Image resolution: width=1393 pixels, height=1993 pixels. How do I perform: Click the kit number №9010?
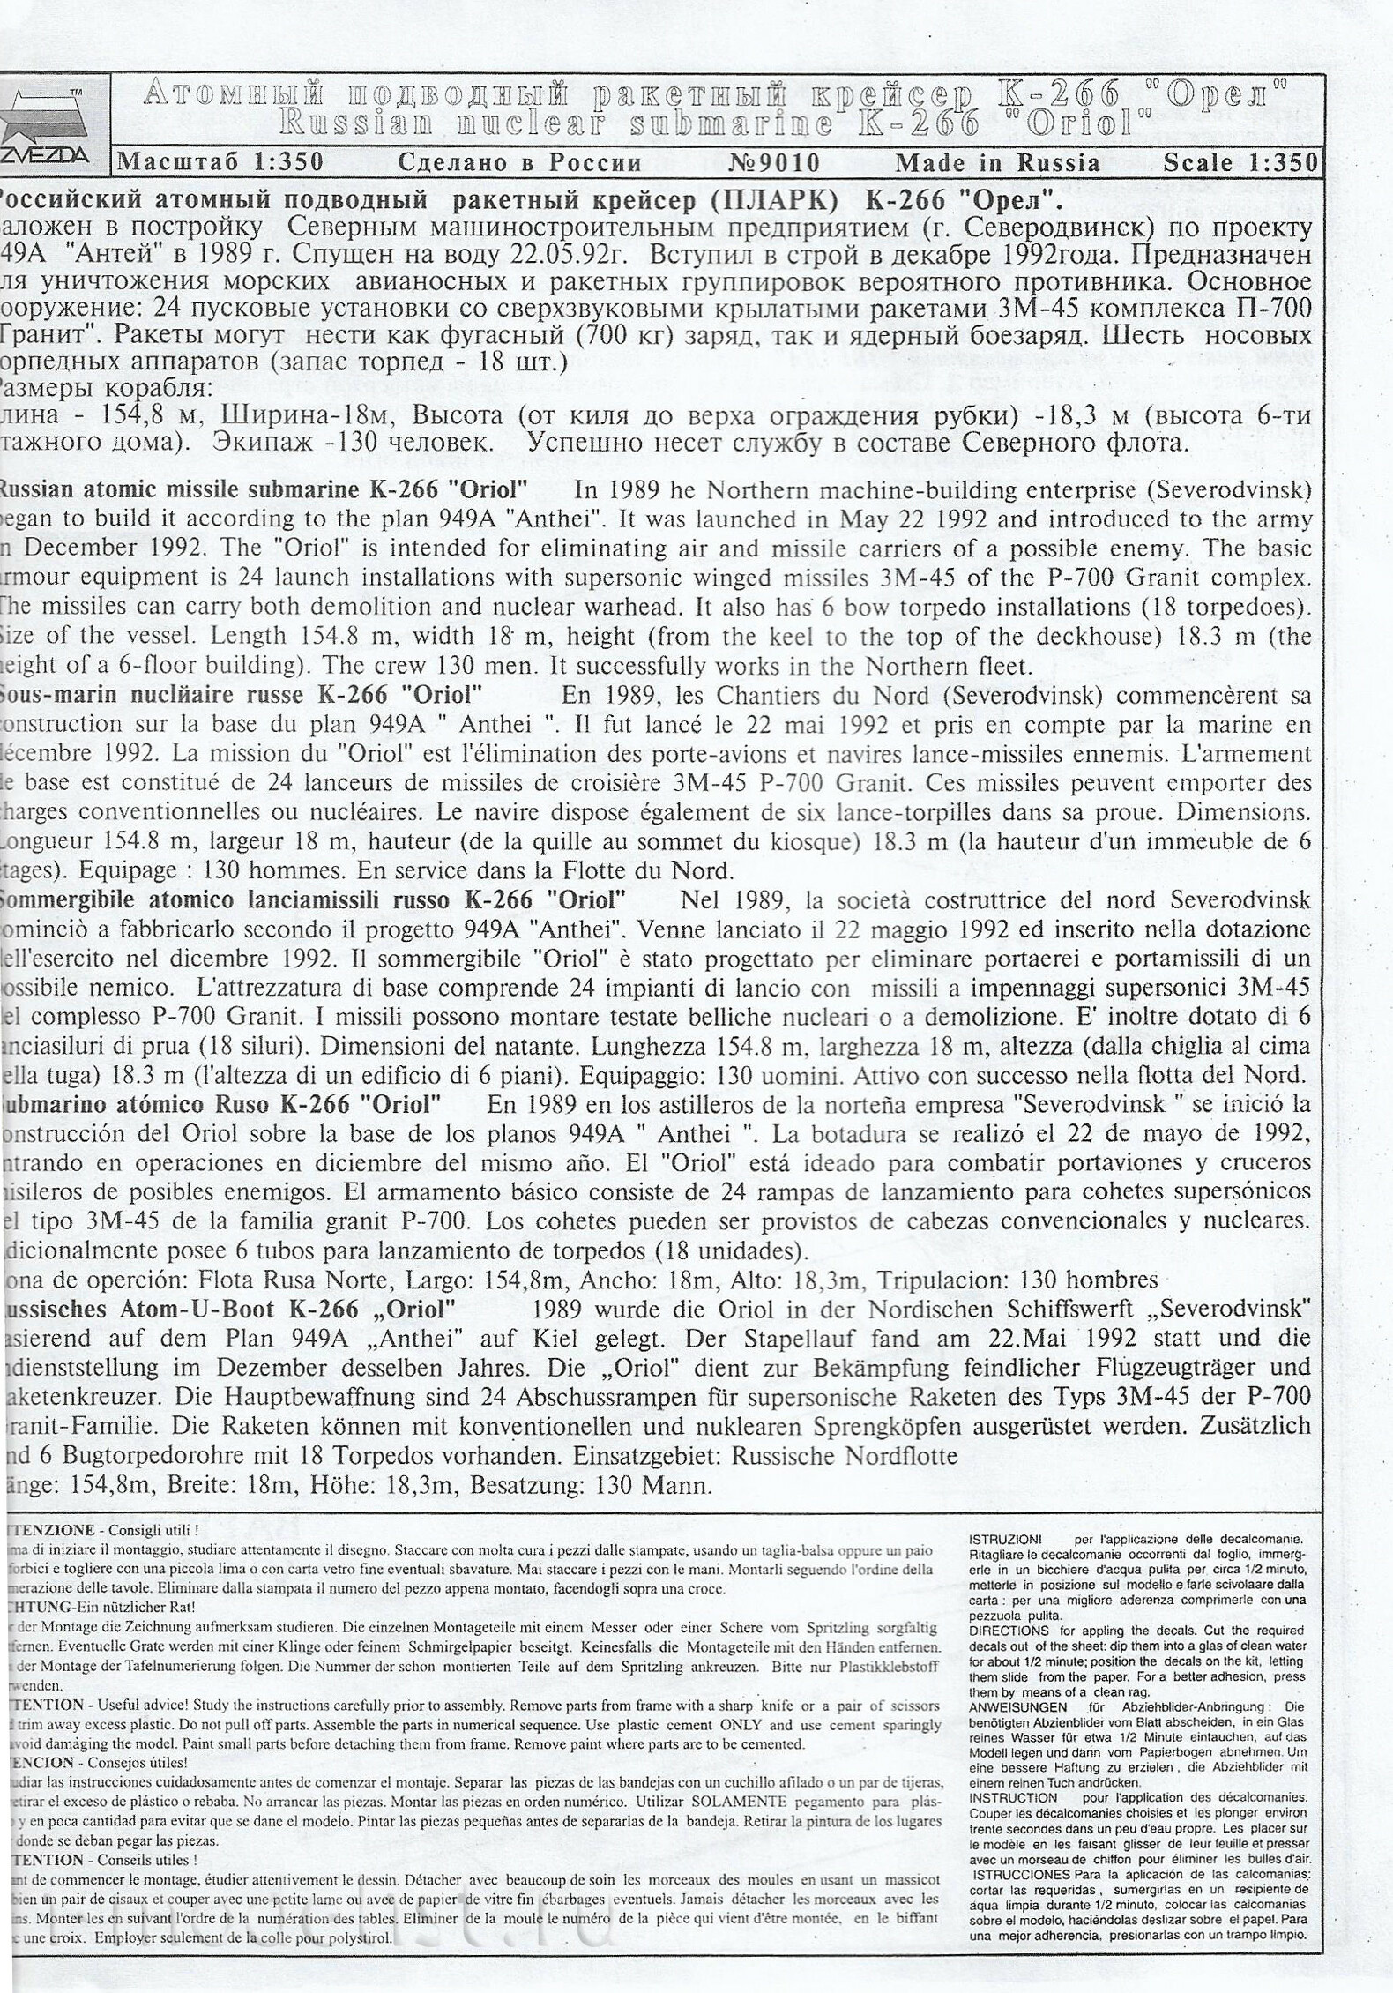(775, 163)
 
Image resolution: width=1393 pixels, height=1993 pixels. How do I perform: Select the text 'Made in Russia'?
(997, 163)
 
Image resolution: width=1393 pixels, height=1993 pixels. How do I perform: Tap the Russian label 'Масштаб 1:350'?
(220, 163)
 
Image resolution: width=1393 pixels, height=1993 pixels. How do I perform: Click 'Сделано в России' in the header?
(520, 163)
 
